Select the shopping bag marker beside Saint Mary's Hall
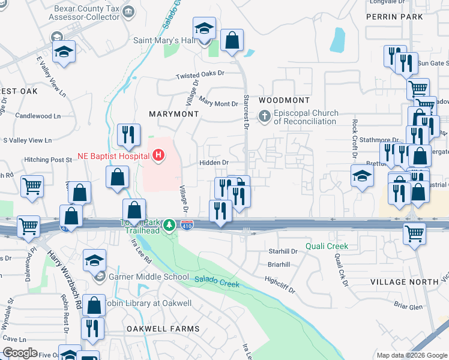click(232, 41)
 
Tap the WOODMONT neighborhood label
click(285, 100)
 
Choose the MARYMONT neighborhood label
click(173, 113)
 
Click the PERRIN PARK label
click(394, 17)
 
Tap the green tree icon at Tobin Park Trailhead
click(170, 225)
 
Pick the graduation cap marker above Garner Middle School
click(94, 261)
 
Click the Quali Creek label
click(327, 246)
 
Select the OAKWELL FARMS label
click(162, 329)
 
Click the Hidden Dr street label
click(214, 163)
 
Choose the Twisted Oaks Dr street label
click(199, 75)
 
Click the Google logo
click(21, 353)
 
